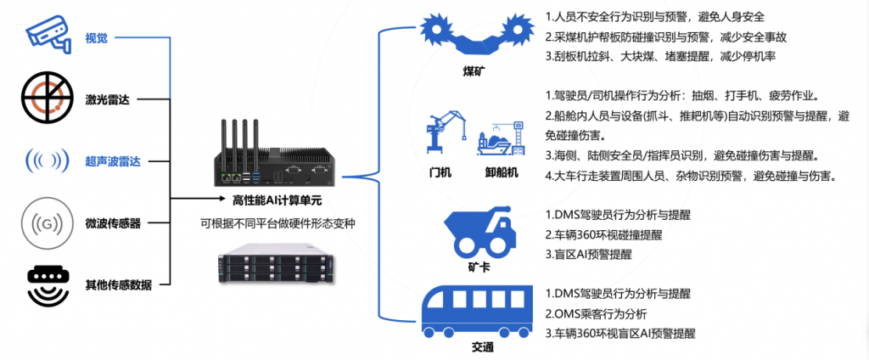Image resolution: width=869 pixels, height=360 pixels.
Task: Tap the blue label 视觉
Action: pos(96,37)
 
